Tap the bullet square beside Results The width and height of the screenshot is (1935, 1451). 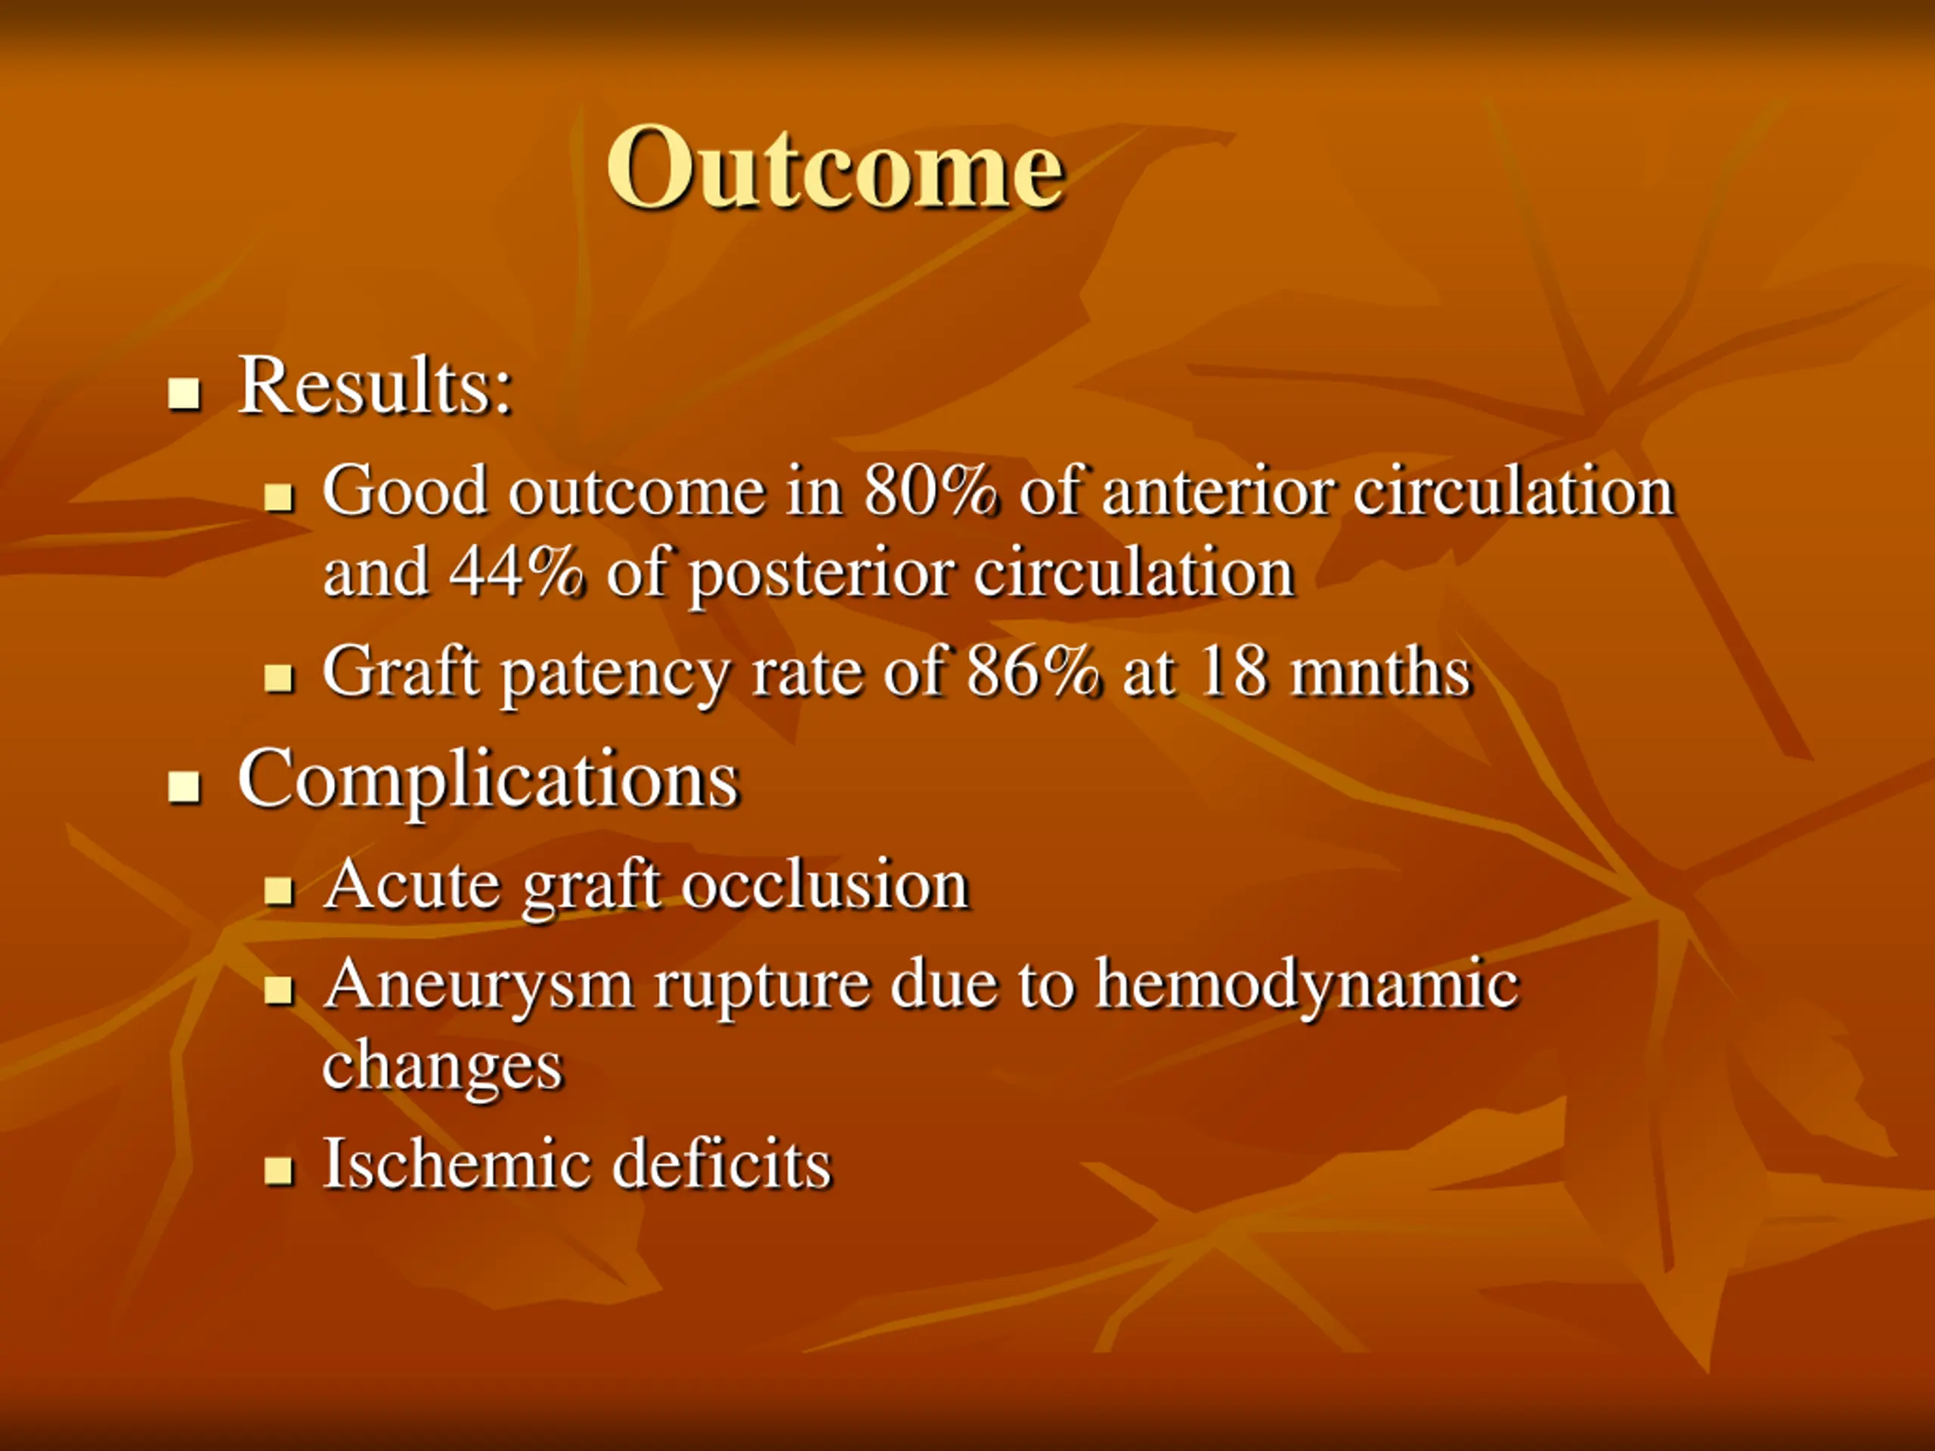(x=184, y=394)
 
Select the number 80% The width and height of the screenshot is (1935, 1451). (x=930, y=490)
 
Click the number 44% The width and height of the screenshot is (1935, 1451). (x=516, y=573)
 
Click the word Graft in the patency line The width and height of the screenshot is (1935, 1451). (x=400, y=671)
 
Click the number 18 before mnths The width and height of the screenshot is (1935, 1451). (x=1234, y=671)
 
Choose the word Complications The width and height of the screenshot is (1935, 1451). (x=489, y=780)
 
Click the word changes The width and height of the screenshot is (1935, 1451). (x=443, y=1068)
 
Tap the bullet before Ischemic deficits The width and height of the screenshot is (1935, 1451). (x=278, y=1170)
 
